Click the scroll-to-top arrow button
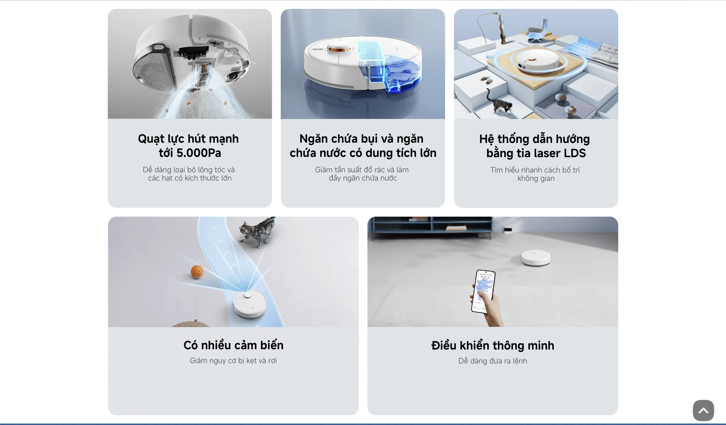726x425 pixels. [x=703, y=410]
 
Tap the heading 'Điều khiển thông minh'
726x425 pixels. [x=492, y=345]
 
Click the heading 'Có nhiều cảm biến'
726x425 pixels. [x=233, y=345]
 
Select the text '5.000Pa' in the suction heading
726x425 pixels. [x=199, y=153]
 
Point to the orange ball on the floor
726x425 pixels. [x=197, y=271]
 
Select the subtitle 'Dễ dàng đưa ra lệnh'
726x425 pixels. [x=492, y=361]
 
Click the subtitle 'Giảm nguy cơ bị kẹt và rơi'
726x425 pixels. [x=233, y=360]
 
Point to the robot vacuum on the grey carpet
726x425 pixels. [x=536, y=257]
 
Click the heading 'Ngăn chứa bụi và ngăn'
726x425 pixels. [x=361, y=139]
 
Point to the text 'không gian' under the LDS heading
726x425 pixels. [x=536, y=178]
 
